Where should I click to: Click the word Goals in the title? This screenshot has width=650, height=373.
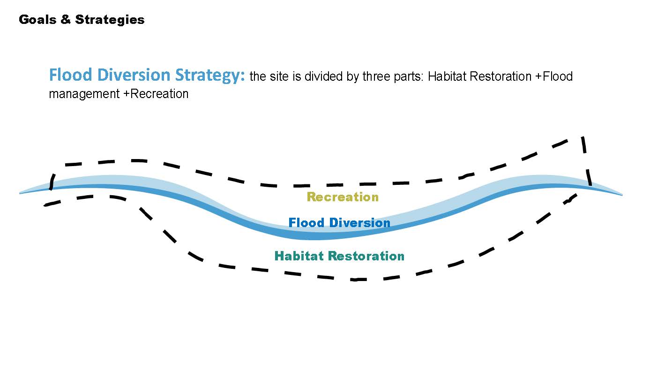37,20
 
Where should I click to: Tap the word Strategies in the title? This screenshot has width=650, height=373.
110,20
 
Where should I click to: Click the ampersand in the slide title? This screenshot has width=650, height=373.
66,19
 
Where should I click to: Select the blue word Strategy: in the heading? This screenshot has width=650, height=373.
210,76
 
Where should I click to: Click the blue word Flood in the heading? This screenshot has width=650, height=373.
71,75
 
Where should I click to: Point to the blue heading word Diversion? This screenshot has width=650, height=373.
134,75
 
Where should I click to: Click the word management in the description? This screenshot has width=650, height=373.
84,94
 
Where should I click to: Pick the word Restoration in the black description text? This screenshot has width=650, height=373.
501,76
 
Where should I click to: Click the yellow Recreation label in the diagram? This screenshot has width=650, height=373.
343,197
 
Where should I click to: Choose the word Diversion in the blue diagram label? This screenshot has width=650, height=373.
360,223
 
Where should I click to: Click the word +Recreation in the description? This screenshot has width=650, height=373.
156,94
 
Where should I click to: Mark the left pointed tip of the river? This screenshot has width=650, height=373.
20,193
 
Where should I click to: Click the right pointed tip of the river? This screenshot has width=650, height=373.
622,195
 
